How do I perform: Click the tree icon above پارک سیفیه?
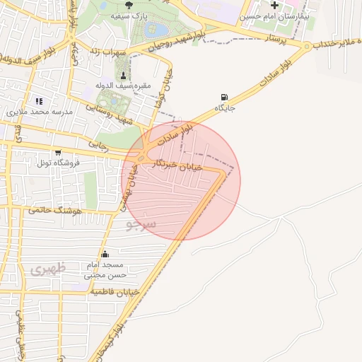(x=128, y=4)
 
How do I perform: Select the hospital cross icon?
(x=274, y=6)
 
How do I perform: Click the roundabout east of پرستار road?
(x=306, y=46)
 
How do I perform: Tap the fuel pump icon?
(x=225, y=98)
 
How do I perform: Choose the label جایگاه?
(x=225, y=109)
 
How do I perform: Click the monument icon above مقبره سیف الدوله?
(x=124, y=75)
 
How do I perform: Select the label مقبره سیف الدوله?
(x=124, y=86)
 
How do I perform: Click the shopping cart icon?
(x=57, y=152)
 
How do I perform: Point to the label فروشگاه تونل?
(x=57, y=163)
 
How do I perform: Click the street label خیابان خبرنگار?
(x=182, y=165)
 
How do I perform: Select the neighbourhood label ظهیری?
(x=47, y=269)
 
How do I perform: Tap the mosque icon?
(x=105, y=254)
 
